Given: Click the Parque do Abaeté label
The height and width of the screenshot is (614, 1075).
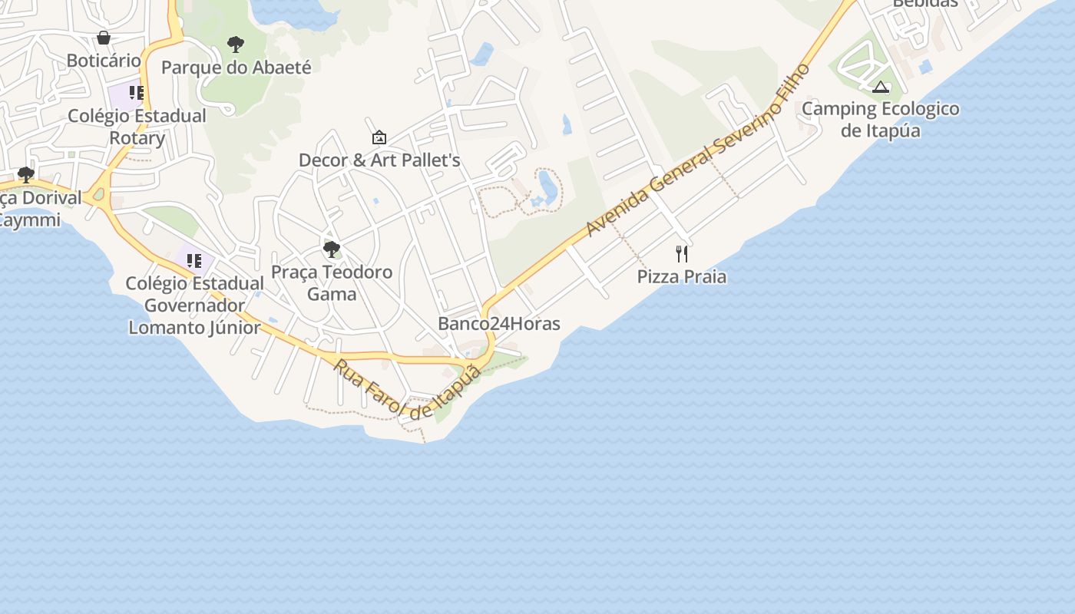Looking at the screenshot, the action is click(237, 68).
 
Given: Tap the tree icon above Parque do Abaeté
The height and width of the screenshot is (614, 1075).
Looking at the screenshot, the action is click(236, 45).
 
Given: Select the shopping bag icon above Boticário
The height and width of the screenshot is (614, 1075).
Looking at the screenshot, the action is click(104, 38).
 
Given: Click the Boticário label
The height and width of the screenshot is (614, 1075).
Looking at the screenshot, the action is click(104, 61).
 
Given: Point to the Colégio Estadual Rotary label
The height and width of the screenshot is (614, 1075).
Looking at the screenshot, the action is click(137, 127).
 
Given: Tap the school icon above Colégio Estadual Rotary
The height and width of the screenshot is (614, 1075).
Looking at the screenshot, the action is click(137, 94).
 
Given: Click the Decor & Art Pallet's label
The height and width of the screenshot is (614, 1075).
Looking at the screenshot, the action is click(379, 160).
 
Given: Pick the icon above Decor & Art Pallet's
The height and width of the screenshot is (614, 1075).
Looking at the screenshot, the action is click(379, 138).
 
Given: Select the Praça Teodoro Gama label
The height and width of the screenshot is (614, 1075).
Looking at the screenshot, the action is click(332, 282).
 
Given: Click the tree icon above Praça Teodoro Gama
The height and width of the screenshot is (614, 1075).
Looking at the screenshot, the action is click(332, 249).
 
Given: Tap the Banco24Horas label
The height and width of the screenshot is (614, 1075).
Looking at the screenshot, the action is click(499, 324).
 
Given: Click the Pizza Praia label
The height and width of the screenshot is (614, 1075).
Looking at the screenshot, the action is click(682, 276).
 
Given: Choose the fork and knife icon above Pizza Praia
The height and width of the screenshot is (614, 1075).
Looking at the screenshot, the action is click(682, 254).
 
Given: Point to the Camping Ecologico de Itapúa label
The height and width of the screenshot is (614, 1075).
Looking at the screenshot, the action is click(881, 119).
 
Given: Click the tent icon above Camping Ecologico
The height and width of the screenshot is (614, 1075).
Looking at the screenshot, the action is click(881, 87).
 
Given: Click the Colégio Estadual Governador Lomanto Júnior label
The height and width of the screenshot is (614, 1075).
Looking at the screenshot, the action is click(195, 305).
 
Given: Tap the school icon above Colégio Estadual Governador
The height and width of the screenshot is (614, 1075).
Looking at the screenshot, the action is click(194, 261).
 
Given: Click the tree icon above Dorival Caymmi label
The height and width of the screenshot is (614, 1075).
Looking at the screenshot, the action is click(26, 175).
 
